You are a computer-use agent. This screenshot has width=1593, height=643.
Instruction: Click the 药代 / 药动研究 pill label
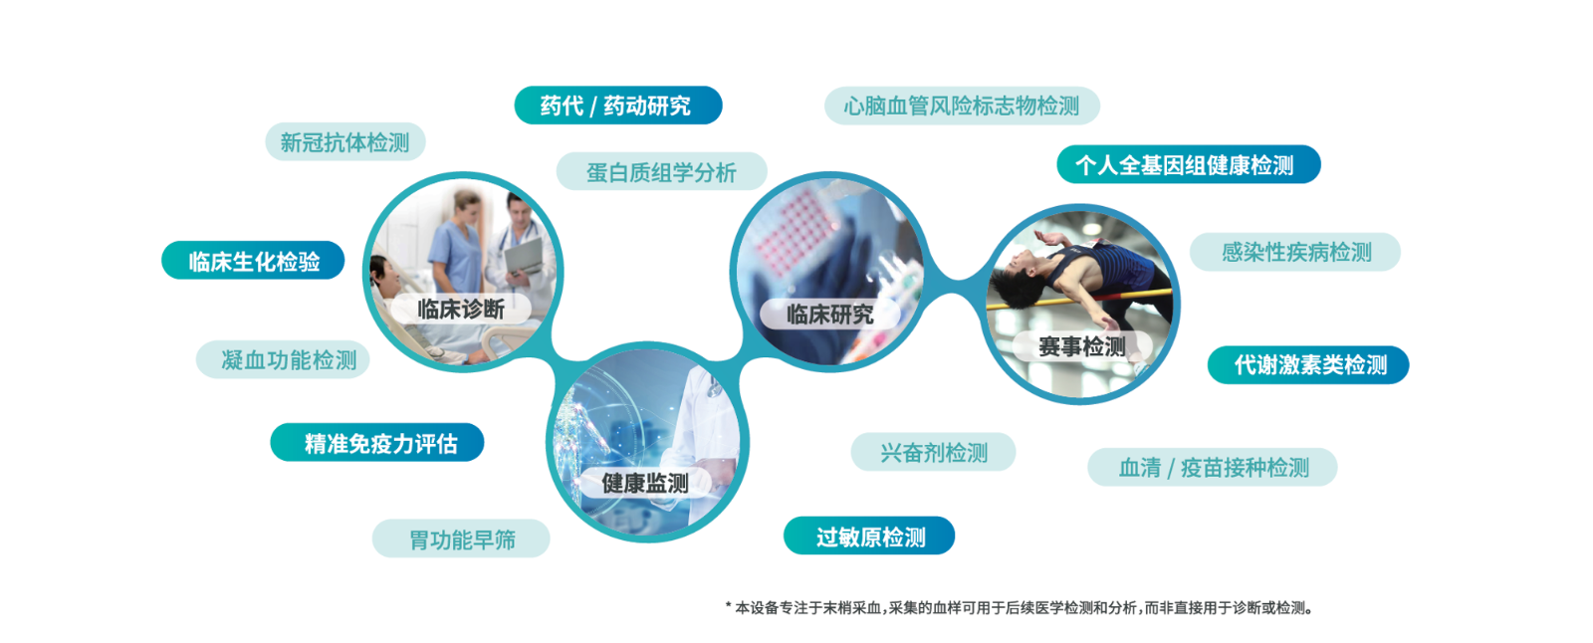pos(618,106)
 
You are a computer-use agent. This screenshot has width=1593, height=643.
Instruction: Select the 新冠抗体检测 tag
pos(344,141)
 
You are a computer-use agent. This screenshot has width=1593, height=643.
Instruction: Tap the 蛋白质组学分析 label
pos(661,171)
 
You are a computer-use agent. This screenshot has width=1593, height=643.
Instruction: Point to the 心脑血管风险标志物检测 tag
pos(962,106)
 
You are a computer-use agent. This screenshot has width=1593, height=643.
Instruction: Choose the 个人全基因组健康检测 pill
pos(1189,164)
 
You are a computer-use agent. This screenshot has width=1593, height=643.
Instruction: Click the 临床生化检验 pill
pos(253,261)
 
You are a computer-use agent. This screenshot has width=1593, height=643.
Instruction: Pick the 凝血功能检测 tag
pos(283,359)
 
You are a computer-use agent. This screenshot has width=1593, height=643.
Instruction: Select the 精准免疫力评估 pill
pos(377,442)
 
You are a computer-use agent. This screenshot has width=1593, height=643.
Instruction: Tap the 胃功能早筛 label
pos(461,538)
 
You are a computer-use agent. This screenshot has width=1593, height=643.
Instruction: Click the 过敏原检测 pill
pos(869,536)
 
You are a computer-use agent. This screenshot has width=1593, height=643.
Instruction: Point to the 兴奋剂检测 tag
pos(933,452)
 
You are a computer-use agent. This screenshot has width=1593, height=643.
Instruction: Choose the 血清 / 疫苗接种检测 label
pos(1213,467)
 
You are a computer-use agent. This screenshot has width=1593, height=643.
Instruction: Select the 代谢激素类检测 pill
pos(1308,365)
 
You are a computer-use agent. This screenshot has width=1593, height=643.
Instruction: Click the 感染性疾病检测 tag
pos(1295,252)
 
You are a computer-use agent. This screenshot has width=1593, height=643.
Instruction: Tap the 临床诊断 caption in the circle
pos(461,310)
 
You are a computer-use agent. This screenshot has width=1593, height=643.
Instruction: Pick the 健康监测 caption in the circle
pos(645,484)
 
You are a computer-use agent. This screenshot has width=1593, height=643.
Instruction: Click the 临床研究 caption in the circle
pos(830,314)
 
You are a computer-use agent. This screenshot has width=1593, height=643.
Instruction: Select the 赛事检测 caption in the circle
pos(1081,346)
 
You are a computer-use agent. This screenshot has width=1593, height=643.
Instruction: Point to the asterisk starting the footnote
pos(728,605)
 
